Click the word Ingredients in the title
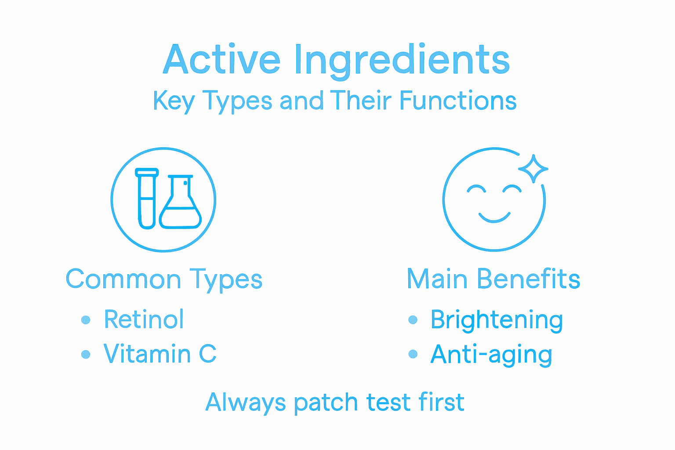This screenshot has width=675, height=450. pyautogui.click(x=402, y=61)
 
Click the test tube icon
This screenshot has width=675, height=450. pyautogui.click(x=147, y=199)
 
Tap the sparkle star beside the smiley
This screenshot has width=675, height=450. pyautogui.click(x=533, y=168)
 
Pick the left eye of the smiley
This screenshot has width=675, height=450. pyautogui.click(x=476, y=189)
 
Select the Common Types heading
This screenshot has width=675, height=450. pyautogui.click(x=164, y=279)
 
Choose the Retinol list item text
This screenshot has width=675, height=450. pyautogui.click(x=144, y=319)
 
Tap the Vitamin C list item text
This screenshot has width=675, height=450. pyautogui.click(x=160, y=354)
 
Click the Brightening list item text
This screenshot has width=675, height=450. pyautogui.click(x=497, y=320)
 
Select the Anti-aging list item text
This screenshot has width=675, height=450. pyautogui.click(x=491, y=355)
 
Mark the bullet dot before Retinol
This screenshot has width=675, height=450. pyautogui.click(x=86, y=320)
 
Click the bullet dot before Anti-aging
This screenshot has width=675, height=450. pyautogui.click(x=413, y=354)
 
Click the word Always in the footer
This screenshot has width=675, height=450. pyautogui.click(x=245, y=403)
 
